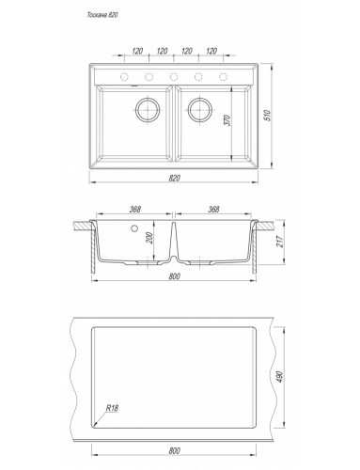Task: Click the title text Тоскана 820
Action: click(102, 15)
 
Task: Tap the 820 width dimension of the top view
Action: click(174, 178)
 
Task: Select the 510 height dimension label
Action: click(267, 115)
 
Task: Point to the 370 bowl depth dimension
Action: click(227, 120)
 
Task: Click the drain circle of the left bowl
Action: click(148, 110)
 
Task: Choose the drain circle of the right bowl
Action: click(200, 110)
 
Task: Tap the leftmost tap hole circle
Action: click(124, 76)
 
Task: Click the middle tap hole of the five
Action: click(174, 76)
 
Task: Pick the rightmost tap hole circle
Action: click(223, 76)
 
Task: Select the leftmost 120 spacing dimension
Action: click(137, 51)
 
